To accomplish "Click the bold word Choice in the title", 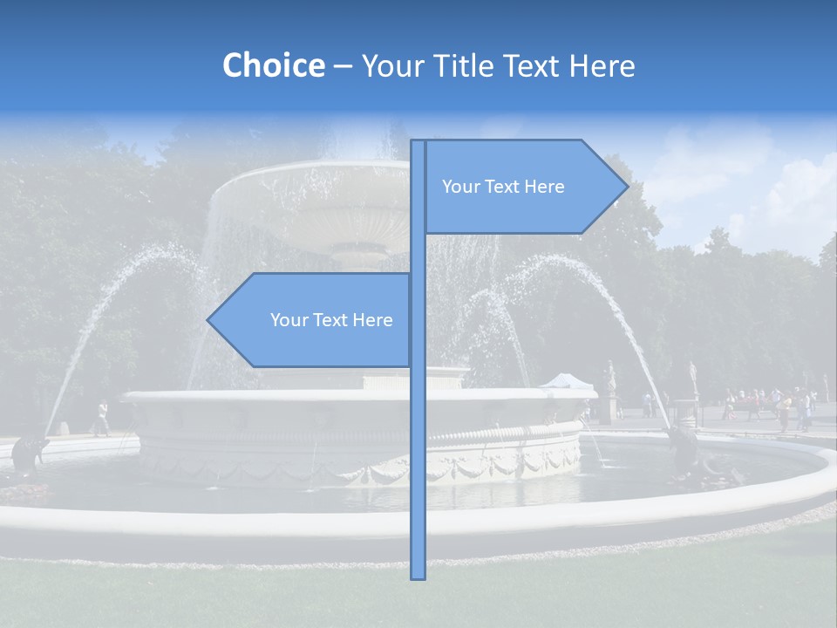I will tap(273, 65).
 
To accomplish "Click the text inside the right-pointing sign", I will tap(503, 187).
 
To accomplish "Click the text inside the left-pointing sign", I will tap(331, 320).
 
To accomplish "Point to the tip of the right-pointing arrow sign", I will tap(627, 186).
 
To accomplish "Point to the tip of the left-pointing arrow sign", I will tap(208, 320).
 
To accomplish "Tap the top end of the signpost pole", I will tap(418, 142).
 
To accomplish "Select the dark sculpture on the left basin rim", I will tap(30, 452).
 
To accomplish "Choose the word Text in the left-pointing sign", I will tap(330, 320).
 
